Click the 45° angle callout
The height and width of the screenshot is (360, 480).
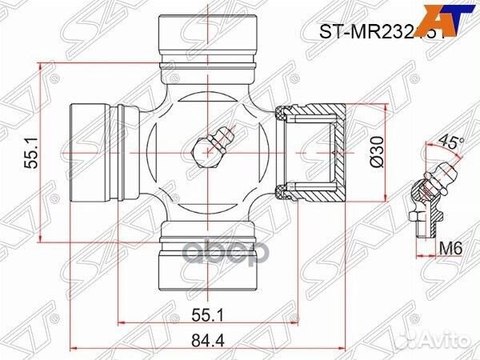click(452, 145)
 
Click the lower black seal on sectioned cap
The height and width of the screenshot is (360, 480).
click(281, 188)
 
